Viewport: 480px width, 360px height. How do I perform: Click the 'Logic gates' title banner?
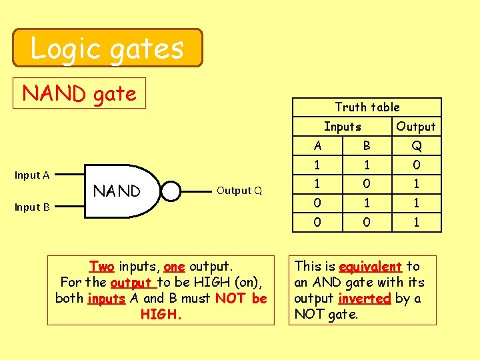tap(107, 48)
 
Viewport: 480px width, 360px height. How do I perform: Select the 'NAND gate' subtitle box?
tap(79, 94)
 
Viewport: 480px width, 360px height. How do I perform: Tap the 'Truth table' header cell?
tap(367, 107)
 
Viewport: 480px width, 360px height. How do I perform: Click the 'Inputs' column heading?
tap(343, 127)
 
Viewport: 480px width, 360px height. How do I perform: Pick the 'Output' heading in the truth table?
tap(415, 127)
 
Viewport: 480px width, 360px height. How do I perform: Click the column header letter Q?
tap(416, 146)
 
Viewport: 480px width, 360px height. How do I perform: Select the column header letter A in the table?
tap(317, 146)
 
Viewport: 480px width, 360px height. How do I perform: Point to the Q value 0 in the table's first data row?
tap(416, 165)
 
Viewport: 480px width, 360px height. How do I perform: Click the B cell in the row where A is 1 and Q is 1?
tap(367, 184)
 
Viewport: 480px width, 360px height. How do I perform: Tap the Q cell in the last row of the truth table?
tap(416, 222)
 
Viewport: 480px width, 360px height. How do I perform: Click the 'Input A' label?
tap(33, 175)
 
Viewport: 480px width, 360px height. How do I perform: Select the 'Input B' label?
tap(33, 207)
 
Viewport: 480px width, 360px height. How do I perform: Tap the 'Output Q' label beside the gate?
tap(234, 191)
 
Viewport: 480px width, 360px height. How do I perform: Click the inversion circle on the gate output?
tap(171, 191)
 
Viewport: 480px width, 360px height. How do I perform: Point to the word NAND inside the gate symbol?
tap(117, 191)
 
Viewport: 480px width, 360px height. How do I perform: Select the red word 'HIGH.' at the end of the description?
tap(161, 313)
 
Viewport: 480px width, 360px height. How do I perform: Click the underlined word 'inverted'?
tap(365, 298)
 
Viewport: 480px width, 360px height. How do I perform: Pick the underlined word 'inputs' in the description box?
tap(106, 298)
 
